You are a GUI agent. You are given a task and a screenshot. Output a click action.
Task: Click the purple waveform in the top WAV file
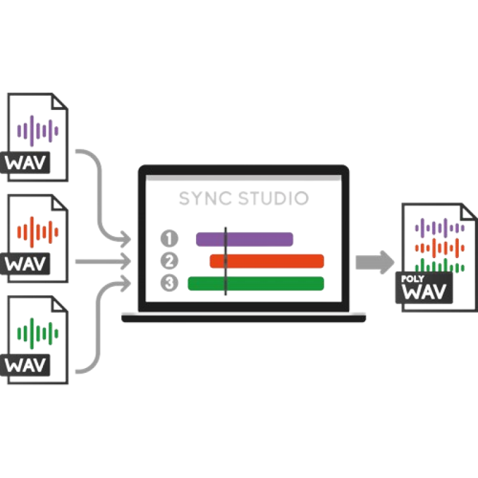point(38,131)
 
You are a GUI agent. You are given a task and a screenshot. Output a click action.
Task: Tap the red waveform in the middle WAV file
point(38,232)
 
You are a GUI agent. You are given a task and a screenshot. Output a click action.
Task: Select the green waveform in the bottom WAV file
point(38,333)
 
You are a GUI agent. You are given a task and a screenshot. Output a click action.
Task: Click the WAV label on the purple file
point(25,163)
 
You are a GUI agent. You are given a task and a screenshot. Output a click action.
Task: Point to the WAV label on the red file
point(25,264)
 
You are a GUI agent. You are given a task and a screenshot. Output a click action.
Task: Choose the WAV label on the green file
point(25,365)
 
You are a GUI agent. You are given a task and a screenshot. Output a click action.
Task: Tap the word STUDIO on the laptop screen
point(274,198)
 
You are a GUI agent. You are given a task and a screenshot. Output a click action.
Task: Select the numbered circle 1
point(169,238)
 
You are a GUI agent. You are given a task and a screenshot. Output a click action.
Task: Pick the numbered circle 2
point(169,261)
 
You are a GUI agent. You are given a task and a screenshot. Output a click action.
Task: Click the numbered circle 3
point(169,283)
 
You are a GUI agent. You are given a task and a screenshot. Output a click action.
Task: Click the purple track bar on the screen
point(244,240)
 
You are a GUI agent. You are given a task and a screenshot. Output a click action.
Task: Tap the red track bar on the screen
point(266,261)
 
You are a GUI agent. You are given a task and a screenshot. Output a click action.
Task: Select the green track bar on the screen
point(256,283)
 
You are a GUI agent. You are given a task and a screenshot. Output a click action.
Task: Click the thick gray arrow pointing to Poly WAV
point(375,262)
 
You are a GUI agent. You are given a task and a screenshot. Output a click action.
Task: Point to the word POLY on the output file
point(412,278)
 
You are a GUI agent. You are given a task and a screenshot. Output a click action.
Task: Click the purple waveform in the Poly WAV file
point(440,228)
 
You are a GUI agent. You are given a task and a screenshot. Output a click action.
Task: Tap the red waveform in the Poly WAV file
point(440,248)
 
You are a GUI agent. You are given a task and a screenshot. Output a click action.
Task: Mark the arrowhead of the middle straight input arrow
point(125,261)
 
